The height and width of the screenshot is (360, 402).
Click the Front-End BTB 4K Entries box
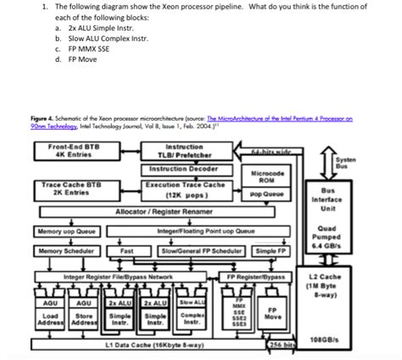coord(68,151)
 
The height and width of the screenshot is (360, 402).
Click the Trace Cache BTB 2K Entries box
coord(68,189)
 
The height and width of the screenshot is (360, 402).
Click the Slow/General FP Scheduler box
coord(194,251)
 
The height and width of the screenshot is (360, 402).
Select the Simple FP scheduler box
coord(271,251)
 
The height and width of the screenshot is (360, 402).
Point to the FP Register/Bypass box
coord(259,277)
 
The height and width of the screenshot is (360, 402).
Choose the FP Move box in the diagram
coord(274,313)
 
